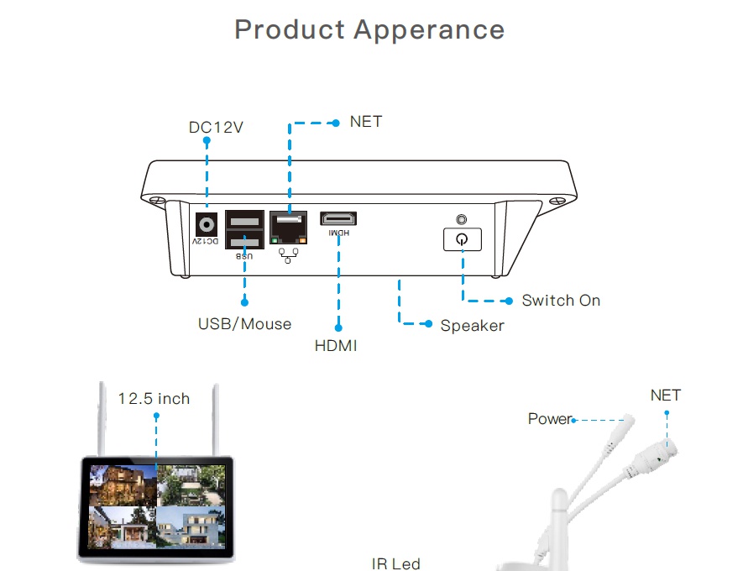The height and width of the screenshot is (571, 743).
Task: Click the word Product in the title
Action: [x=290, y=29]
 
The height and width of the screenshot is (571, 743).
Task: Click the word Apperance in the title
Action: [x=429, y=29]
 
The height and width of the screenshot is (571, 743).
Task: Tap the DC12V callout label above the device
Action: [x=216, y=128]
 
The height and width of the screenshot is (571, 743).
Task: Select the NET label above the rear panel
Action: [x=366, y=122]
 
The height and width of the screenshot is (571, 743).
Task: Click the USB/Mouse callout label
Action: [x=245, y=324]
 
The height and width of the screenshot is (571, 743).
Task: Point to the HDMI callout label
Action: [x=336, y=345]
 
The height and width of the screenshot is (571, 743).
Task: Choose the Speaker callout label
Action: [x=472, y=326]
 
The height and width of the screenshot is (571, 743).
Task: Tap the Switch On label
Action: [x=561, y=301]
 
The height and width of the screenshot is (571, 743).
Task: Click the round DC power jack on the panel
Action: [x=207, y=224]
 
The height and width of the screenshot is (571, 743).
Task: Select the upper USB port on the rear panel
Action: [x=245, y=221]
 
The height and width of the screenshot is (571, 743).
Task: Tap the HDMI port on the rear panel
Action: [x=339, y=219]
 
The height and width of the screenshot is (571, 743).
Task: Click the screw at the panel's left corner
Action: [x=155, y=202]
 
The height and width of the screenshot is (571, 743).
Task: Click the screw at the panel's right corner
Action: [x=557, y=202]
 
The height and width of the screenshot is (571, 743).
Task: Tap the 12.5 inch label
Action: [x=154, y=399]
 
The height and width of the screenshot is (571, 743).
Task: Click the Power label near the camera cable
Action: [x=550, y=419]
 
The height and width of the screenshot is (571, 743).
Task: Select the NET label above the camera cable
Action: [x=665, y=396]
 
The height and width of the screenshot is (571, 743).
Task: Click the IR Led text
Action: [x=395, y=563]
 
